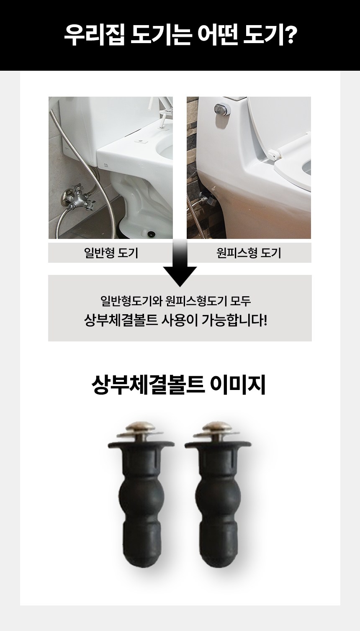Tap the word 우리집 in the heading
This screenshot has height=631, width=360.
click(x=94, y=36)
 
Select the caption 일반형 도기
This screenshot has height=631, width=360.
click(x=111, y=253)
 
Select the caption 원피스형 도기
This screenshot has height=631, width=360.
click(x=249, y=253)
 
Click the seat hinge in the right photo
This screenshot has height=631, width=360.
click(x=275, y=153)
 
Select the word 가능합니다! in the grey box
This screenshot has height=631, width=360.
click(x=234, y=321)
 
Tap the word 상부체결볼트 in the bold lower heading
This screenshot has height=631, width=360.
click(x=148, y=385)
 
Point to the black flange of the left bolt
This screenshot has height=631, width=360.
click(x=141, y=444)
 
